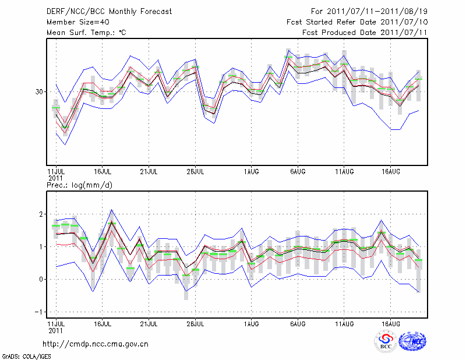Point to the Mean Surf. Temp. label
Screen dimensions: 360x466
[x=86, y=33]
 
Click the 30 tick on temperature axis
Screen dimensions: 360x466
[x=40, y=92]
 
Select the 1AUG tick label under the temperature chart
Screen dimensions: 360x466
[x=251, y=171]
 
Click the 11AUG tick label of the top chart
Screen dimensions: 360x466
[x=344, y=171]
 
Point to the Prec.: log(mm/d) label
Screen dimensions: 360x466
[x=78, y=185]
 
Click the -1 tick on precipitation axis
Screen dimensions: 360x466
[x=40, y=312]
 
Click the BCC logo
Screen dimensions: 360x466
[x=385, y=342]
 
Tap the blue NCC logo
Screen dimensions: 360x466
[x=411, y=342]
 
